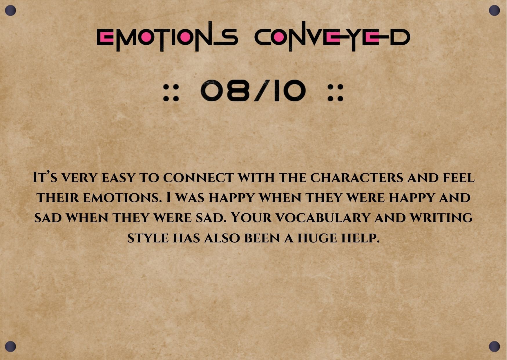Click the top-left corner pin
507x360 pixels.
click(x=10, y=11)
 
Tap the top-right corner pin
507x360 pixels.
click(x=494, y=11)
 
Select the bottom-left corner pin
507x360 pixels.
click(x=10, y=346)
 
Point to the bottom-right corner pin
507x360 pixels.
click(x=494, y=346)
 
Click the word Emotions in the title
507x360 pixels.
click(x=167, y=37)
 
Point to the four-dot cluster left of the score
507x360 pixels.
click(x=171, y=93)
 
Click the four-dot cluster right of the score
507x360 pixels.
click(x=336, y=93)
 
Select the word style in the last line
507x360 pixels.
click(x=148, y=238)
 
